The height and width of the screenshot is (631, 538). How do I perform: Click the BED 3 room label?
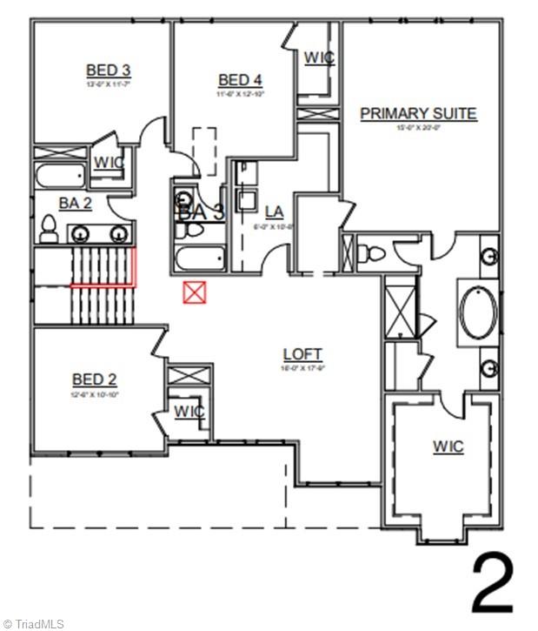coord(108,70)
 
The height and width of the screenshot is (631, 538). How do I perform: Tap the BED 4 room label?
coord(240,80)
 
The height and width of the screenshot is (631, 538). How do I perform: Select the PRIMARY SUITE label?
coord(419,113)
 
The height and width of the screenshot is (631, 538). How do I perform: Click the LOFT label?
coord(302,354)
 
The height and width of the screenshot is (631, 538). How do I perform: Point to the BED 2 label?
coord(94,379)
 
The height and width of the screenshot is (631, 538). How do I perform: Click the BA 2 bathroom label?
coord(75,202)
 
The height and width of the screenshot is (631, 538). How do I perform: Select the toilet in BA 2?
coord(49,229)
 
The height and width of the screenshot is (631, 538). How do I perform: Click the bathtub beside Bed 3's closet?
coord(59,174)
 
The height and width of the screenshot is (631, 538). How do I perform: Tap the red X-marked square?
coord(193,292)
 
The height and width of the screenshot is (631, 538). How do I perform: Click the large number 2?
coord(492,584)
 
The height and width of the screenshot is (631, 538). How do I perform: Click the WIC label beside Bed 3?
coord(108,162)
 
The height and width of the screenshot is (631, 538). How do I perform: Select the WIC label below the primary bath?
coord(448,446)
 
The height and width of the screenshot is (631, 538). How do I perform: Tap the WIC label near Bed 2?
coord(188,410)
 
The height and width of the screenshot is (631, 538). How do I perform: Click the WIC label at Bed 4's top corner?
coord(318,57)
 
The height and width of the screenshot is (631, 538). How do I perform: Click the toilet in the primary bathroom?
coord(373,254)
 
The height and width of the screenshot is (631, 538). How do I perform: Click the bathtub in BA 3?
coord(199,258)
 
